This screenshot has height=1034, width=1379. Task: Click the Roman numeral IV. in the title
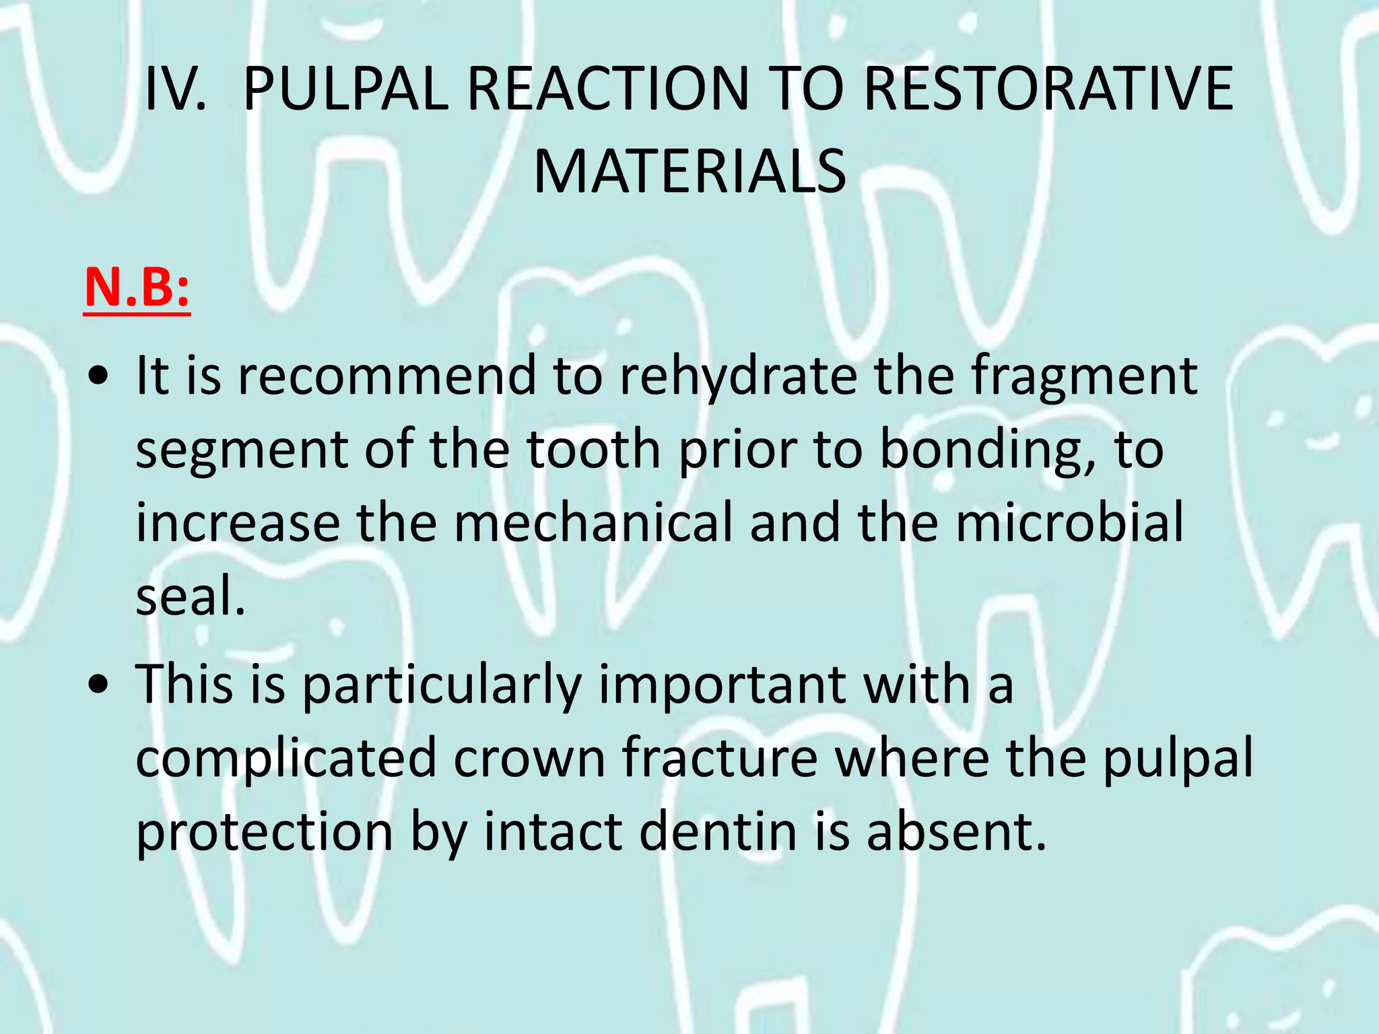click(176, 90)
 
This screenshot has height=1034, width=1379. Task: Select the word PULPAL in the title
click(345, 90)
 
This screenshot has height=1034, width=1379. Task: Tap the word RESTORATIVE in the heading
click(1048, 90)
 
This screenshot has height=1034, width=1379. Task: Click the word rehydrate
click(738, 376)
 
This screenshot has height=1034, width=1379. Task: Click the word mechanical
click(593, 523)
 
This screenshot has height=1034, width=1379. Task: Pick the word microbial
click(1069, 523)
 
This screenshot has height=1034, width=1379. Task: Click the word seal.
click(191, 596)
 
